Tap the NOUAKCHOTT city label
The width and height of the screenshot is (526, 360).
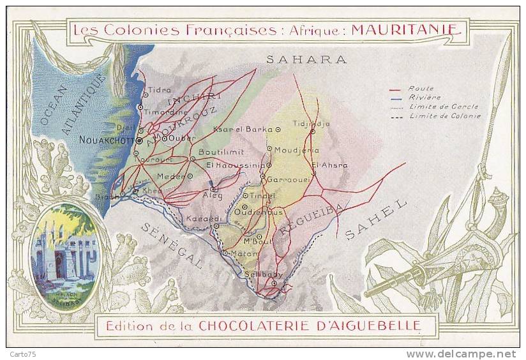pos(107,139)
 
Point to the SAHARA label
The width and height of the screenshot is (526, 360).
pos(306,59)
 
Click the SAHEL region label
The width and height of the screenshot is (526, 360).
pos(376,220)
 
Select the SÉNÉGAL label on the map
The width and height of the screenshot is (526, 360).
pos(172,246)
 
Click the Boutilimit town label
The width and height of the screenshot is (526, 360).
pos(222,153)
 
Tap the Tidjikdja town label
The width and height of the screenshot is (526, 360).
pos(311,124)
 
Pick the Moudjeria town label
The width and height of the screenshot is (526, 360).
pos(297,149)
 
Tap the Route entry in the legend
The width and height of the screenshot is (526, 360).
pos(421,89)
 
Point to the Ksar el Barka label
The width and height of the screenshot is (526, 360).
pos(242,128)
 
